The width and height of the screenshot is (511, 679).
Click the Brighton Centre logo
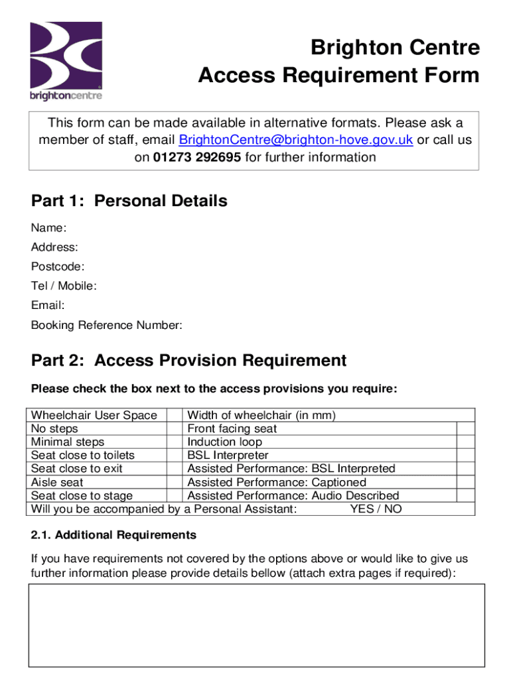(x=66, y=60)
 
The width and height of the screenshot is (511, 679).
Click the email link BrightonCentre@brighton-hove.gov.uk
(x=296, y=140)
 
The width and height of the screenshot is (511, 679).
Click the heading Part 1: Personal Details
(x=129, y=201)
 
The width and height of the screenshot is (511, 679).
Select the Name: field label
(x=48, y=228)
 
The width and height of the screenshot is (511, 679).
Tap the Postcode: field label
(x=58, y=267)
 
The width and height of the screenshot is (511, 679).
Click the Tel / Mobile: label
(x=64, y=286)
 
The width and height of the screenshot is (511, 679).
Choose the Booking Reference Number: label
(x=106, y=325)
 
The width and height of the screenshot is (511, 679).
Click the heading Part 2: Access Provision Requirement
(x=188, y=360)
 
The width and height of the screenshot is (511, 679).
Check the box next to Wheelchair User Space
(x=174, y=416)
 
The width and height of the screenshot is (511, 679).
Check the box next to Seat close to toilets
(x=174, y=456)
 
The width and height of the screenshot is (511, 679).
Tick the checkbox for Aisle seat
(x=174, y=482)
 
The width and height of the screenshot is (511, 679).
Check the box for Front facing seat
(x=466, y=429)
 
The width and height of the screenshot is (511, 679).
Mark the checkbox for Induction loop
(x=466, y=442)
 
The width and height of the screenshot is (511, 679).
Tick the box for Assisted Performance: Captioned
(x=466, y=482)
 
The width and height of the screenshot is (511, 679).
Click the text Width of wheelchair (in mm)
(x=261, y=416)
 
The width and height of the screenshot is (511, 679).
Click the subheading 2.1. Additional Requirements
(x=113, y=534)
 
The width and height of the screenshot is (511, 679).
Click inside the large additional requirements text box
(x=256, y=625)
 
